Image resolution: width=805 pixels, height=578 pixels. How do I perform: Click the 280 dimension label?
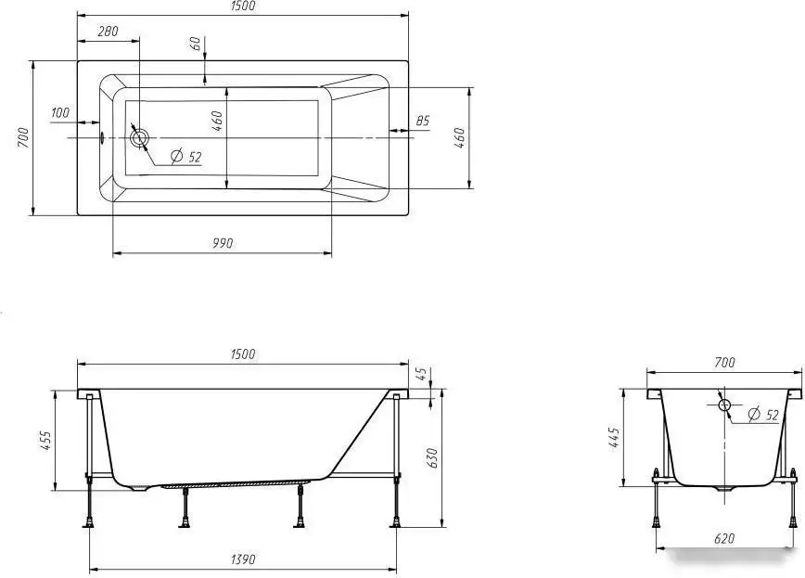coord(108,32)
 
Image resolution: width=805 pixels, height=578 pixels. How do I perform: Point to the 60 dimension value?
coord(196,45)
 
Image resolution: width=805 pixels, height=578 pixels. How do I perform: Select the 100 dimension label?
coord(60,112)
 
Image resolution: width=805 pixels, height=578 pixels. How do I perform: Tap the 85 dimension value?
coord(422,122)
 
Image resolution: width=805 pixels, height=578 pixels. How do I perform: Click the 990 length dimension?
coord(223,243)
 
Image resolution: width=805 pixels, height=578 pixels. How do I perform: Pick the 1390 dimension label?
coord(242,559)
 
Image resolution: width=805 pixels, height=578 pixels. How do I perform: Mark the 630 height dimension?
coord(432,457)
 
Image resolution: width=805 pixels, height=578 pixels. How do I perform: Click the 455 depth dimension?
coord(45,441)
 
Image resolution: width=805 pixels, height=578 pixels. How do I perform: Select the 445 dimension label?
coord(615,438)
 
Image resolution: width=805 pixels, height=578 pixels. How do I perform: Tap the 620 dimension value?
coord(724,538)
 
